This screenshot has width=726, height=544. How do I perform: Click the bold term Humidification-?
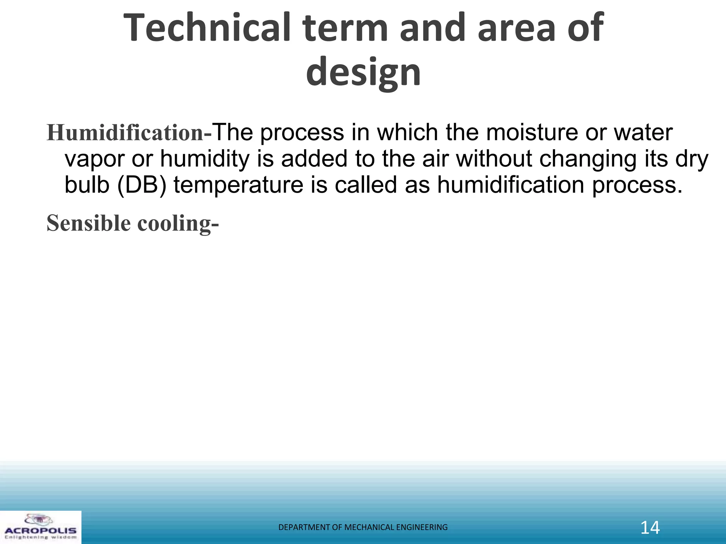(129, 133)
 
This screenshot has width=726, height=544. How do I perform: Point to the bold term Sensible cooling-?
(133, 223)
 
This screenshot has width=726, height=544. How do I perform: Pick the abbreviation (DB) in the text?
(141, 185)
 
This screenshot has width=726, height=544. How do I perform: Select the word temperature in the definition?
(239, 185)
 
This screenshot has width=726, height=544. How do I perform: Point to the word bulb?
(87, 185)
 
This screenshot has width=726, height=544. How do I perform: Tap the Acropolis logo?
(40, 527)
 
